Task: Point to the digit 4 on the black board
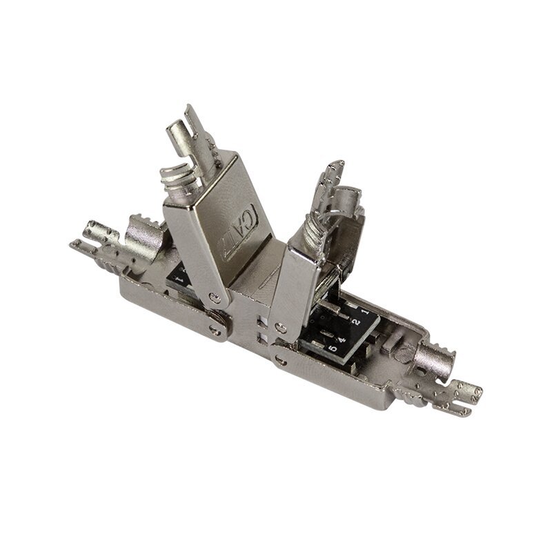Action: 339,339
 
